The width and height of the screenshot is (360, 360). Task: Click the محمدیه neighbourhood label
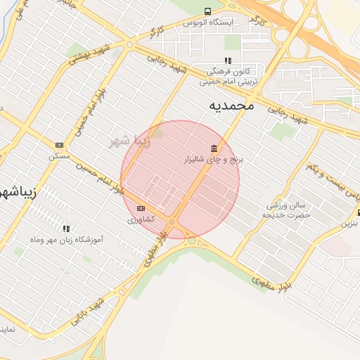[x=231, y=105]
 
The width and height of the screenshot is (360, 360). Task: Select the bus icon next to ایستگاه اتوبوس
[x=207, y=11]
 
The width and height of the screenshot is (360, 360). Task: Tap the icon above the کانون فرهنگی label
[x=227, y=61]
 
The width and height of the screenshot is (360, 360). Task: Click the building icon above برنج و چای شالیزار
[x=213, y=148]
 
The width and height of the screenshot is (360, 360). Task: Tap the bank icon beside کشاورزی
[x=141, y=208]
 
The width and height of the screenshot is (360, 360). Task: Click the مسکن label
[x=59, y=156]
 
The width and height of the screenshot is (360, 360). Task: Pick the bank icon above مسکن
[x=59, y=145]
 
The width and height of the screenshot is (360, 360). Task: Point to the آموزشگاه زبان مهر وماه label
[x=68, y=240]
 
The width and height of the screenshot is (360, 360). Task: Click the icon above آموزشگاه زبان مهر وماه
[x=67, y=228]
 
